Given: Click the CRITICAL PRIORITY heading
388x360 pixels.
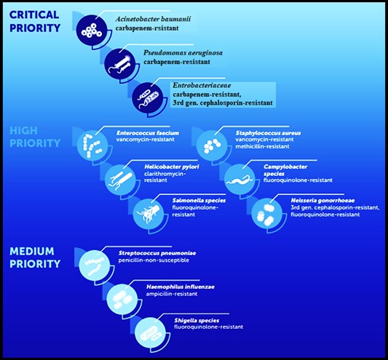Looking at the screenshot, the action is point(35,21).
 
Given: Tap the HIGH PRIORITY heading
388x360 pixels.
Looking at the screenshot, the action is point(35,137).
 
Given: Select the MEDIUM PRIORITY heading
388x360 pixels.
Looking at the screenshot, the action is point(35,257).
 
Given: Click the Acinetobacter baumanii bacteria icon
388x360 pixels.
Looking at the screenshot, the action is point(92,31).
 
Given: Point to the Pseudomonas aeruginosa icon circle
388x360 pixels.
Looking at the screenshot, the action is point(120,64).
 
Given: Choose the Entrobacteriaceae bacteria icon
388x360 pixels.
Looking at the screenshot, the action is point(148,97).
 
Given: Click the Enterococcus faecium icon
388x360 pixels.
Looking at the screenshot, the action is point(92,145).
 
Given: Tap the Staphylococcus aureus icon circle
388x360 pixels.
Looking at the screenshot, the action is point(212,145).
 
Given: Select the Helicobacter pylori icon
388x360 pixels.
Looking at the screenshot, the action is point(120,179).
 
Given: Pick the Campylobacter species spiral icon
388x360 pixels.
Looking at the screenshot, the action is point(239,179).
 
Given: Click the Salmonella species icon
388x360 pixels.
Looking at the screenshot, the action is point(149,213).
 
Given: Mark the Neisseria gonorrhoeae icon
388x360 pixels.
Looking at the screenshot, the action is point(267,213).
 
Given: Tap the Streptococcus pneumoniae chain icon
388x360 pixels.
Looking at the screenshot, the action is point(95,265).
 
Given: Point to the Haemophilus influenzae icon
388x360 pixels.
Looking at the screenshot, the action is point(122,299).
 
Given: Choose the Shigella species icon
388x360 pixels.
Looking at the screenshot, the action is point(150,333).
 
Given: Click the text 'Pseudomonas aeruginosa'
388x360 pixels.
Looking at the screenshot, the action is point(183,53).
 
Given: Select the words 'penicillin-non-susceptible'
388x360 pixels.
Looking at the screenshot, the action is point(154,260).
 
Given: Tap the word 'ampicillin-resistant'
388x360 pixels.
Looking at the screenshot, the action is point(172,294).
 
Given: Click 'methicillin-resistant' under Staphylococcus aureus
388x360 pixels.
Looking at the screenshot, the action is point(262,146).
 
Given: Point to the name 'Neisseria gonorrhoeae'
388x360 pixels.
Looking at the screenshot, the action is point(322,201).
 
